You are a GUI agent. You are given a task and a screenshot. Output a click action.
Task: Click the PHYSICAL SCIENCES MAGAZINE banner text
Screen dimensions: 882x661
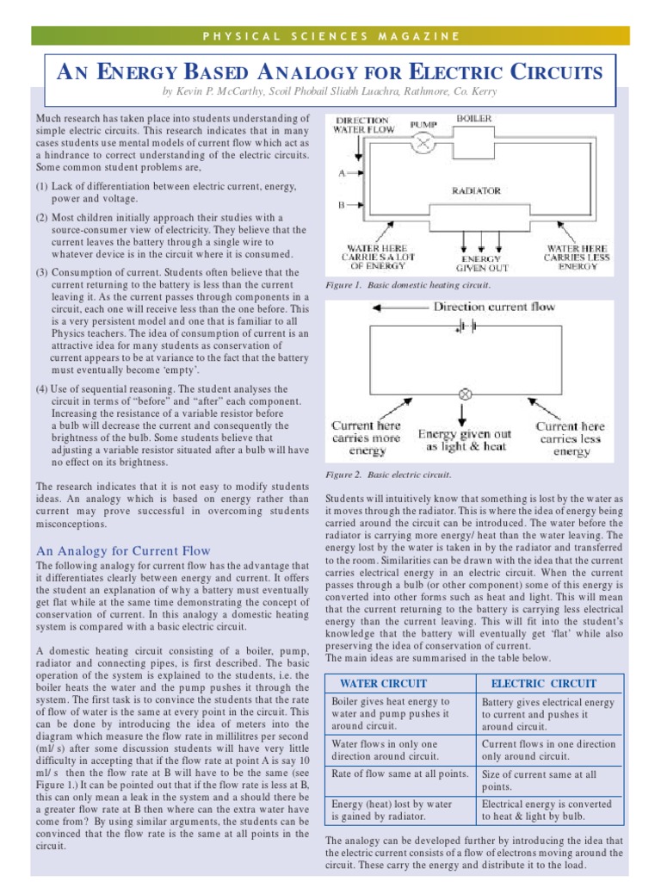pyautogui.click(x=330, y=36)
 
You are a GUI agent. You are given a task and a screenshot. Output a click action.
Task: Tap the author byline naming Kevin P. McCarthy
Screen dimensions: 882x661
pyautogui.click(x=330, y=90)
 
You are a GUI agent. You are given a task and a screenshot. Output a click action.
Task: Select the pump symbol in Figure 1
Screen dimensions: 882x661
pyautogui.click(x=422, y=143)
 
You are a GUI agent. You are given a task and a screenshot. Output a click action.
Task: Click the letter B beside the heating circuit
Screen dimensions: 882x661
pyautogui.click(x=342, y=206)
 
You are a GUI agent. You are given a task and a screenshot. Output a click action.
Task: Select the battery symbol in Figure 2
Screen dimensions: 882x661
pyautogui.click(x=468, y=326)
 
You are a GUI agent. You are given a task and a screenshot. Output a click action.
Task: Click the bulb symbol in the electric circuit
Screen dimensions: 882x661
pyautogui.click(x=466, y=394)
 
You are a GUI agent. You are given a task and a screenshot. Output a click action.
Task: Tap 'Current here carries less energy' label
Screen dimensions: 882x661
pyautogui.click(x=571, y=438)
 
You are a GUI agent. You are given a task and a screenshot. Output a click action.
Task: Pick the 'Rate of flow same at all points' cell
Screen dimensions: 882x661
pyautogui.click(x=399, y=773)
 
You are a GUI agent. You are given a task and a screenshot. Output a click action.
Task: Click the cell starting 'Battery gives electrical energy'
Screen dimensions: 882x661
pyautogui.click(x=547, y=713)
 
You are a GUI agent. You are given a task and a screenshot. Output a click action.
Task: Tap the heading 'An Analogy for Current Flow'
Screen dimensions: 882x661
pyautogui.click(x=123, y=550)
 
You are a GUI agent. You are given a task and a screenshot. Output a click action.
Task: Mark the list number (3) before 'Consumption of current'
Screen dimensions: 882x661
pyautogui.click(x=42, y=272)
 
